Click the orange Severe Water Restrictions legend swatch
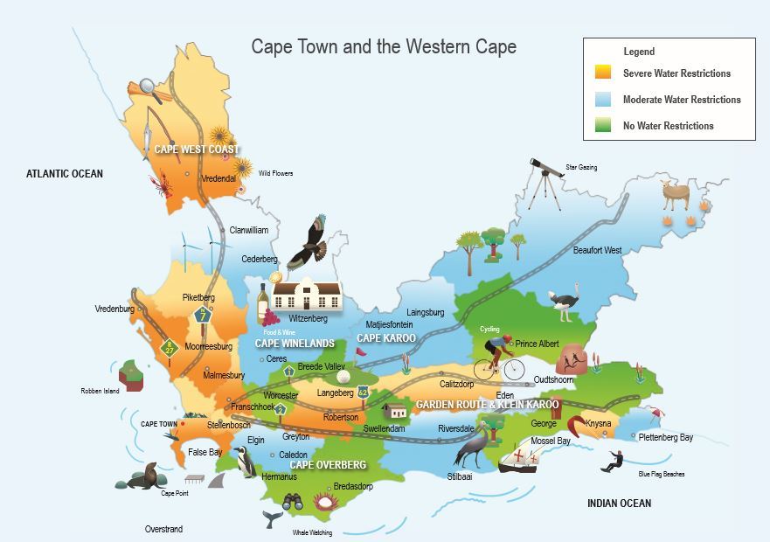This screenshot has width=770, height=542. [x=602, y=73]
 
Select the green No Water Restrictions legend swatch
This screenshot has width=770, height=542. [x=602, y=126]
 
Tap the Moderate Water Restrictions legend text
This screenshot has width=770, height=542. [x=682, y=100]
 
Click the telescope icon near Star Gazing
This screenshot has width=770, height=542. [x=545, y=180]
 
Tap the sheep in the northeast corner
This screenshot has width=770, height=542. [x=676, y=195]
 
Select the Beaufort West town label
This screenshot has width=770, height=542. [x=597, y=251]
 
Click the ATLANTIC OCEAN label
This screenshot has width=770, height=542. [x=65, y=174]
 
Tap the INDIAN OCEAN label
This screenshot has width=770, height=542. [x=619, y=504]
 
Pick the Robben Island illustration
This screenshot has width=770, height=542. [x=132, y=373]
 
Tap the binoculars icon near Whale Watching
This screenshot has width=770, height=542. [x=293, y=502]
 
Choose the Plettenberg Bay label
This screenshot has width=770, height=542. [x=665, y=437]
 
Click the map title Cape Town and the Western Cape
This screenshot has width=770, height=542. [x=384, y=46]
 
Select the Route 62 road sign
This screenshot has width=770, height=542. [x=364, y=394]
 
